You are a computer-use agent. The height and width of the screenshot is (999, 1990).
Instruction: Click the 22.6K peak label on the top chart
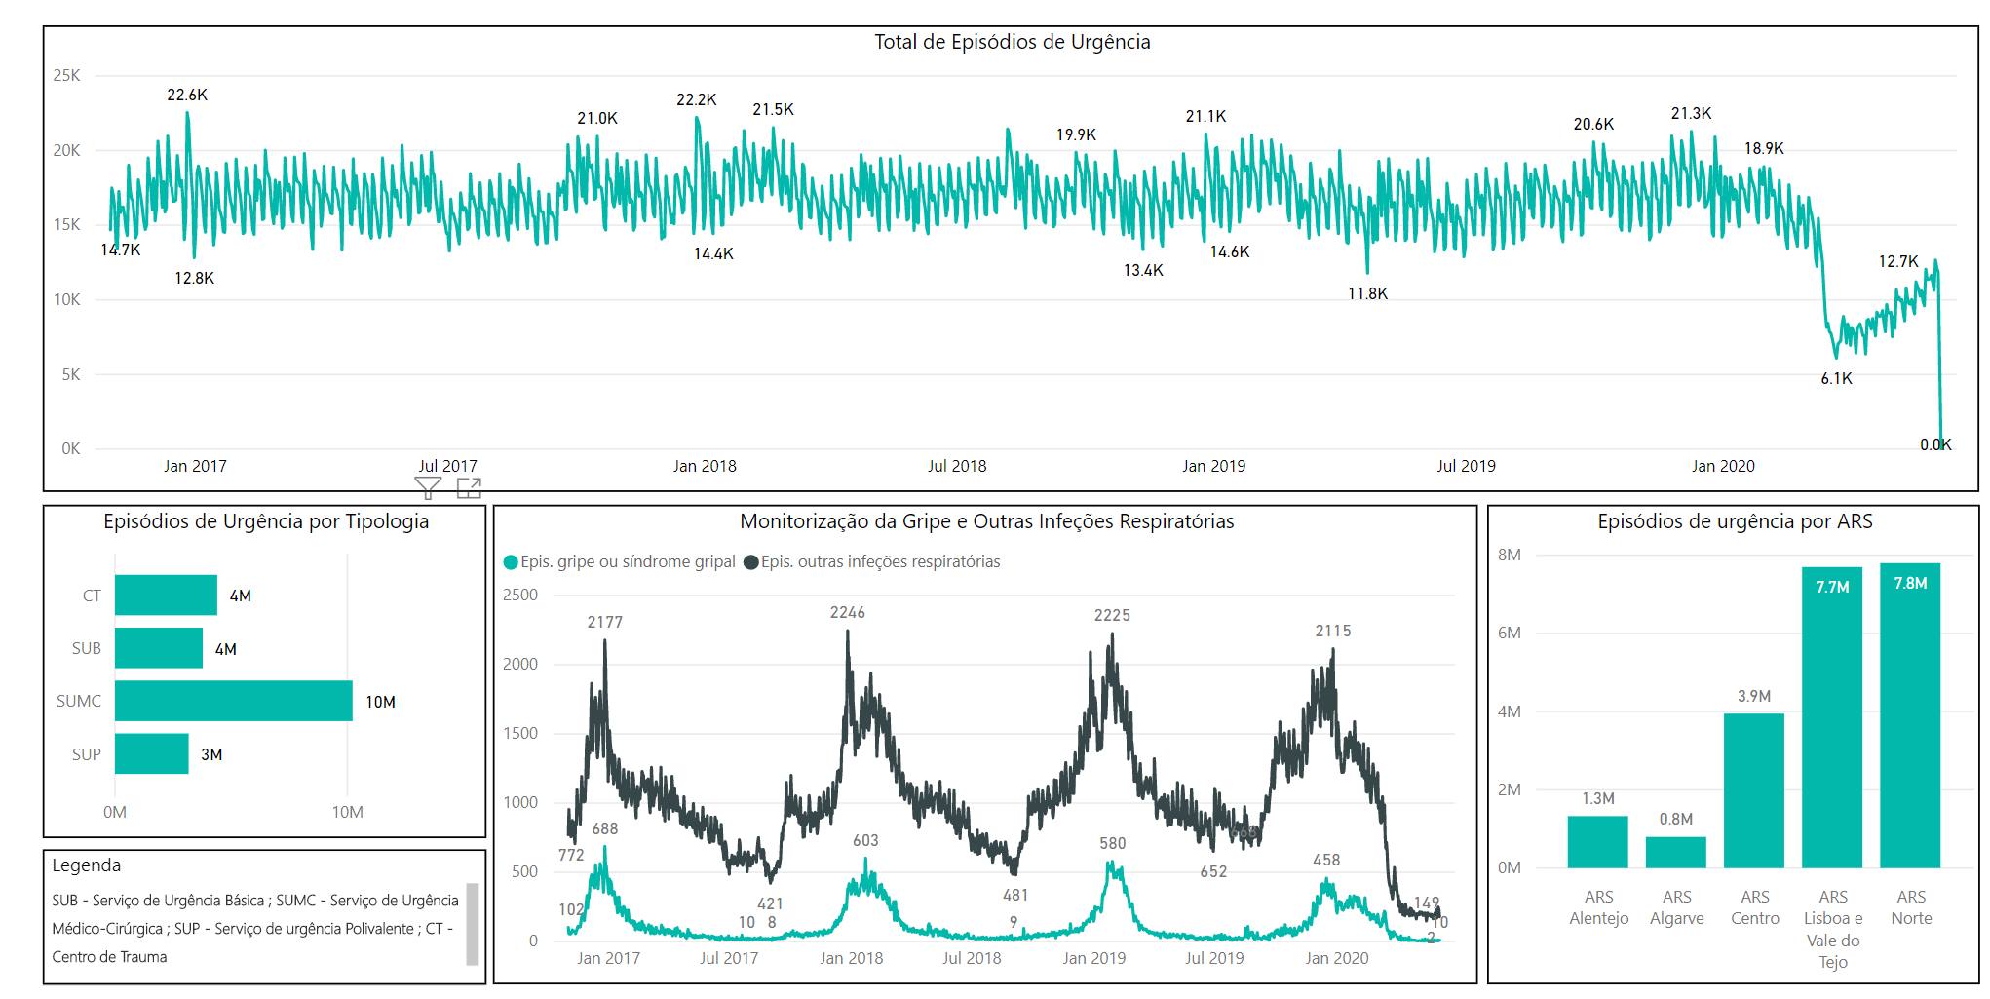pos(187,96)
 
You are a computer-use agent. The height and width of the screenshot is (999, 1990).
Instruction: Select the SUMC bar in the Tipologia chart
pos(233,701)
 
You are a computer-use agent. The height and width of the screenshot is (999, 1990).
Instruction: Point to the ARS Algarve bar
pos(1675,852)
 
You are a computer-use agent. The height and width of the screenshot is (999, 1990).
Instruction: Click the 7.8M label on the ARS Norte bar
pos(1910,584)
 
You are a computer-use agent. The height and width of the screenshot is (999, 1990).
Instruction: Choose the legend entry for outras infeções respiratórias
pos(871,562)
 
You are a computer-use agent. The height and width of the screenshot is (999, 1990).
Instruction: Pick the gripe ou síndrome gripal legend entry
pos(620,562)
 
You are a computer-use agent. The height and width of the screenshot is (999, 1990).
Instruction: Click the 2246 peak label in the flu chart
pos(847,613)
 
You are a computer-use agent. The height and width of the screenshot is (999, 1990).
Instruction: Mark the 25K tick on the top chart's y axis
pos(67,76)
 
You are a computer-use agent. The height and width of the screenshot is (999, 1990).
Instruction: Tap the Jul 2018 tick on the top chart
pos(956,467)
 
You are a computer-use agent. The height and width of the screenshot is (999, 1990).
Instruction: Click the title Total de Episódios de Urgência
pos(1012,42)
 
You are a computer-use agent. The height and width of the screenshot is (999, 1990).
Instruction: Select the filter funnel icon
pos(428,487)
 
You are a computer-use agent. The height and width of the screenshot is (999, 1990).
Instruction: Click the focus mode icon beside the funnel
pos(469,487)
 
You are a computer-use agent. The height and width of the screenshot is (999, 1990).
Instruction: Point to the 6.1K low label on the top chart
pos(1836,379)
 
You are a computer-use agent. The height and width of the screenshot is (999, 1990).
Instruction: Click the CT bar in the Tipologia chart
pos(166,596)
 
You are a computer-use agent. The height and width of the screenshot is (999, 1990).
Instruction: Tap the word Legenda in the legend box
pos(87,865)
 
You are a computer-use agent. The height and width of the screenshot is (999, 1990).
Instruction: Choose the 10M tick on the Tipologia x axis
pos(347,812)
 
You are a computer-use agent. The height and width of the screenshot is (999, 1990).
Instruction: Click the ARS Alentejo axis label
pos(1598,907)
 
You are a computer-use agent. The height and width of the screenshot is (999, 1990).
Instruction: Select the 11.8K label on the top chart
pos(1367,293)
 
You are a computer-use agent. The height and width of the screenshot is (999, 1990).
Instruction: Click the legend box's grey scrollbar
pos(473,923)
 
